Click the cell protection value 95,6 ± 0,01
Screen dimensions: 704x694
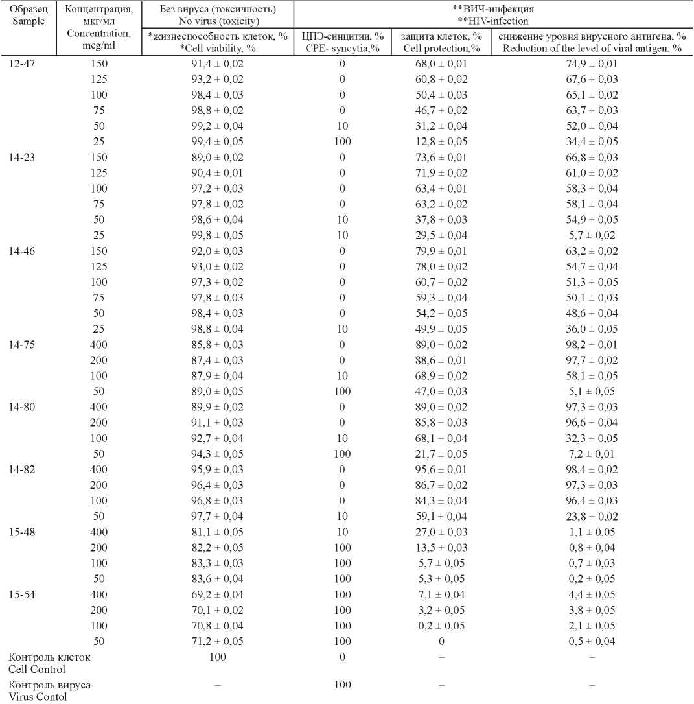[x=441, y=469]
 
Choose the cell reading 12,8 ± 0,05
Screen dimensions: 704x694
[x=441, y=142]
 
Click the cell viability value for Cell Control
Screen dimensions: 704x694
[x=217, y=657]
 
